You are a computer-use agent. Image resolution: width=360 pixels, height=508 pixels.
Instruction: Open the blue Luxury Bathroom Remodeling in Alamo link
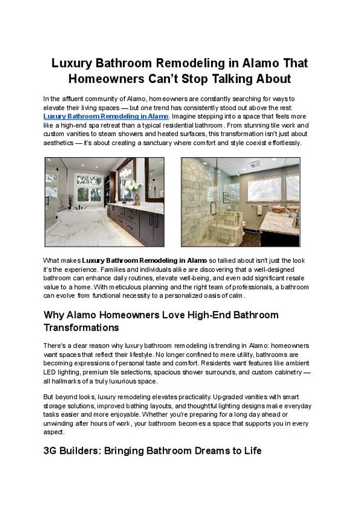click(x=106, y=117)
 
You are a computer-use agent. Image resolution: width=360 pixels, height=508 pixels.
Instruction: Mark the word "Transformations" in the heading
click(x=81, y=328)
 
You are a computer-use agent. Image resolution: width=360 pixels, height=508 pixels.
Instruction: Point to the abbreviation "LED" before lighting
click(x=50, y=372)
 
